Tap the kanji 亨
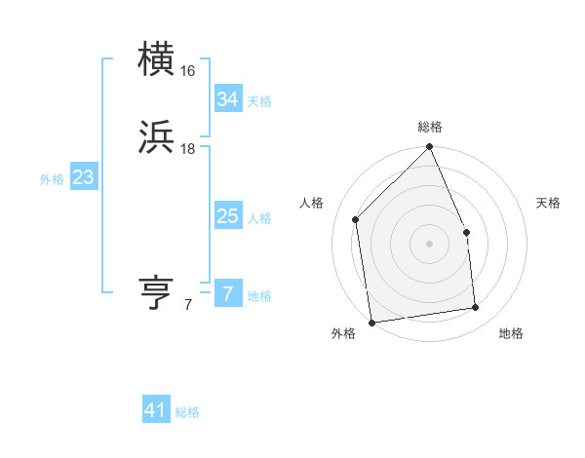157,292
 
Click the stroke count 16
188,71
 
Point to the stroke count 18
188,148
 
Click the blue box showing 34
227,99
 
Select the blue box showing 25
227,216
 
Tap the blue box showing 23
83,178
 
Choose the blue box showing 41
156,410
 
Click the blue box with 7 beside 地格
227,294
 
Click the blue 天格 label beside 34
259,101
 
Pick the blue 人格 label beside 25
259,218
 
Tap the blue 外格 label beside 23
52,179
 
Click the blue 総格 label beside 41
187,412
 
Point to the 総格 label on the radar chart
430,128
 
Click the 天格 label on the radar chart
548,203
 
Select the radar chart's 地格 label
511,333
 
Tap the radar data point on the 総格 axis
429,147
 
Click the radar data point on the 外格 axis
371,322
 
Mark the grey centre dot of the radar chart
429,244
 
